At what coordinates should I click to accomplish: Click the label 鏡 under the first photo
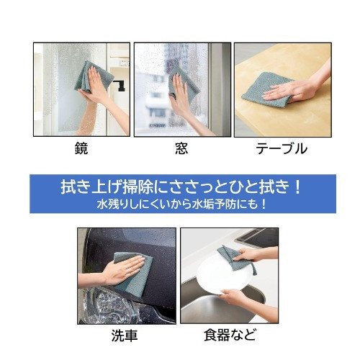click(x=81, y=149)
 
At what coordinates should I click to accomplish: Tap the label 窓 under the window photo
click(x=181, y=149)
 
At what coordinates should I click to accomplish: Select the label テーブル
click(x=282, y=149)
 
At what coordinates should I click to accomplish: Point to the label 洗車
click(x=125, y=336)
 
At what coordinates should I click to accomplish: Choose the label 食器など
click(x=230, y=336)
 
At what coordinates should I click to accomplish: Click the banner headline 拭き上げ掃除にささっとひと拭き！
click(x=180, y=188)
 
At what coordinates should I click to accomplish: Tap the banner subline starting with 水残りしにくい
click(x=180, y=204)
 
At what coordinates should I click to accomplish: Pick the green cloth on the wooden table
click(x=266, y=89)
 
